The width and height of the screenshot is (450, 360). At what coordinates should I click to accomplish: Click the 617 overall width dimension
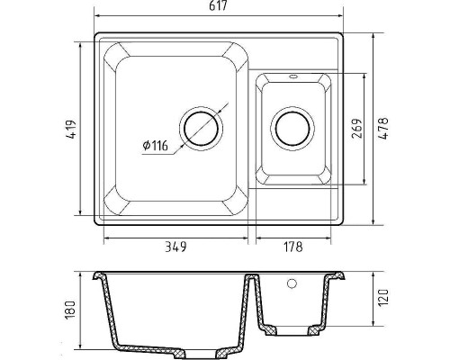(218, 6)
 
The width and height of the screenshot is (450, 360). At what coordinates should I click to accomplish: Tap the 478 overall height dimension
(383, 128)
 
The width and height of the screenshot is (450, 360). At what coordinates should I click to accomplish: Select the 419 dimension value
(72, 130)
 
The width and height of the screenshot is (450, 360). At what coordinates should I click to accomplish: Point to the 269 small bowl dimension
(356, 129)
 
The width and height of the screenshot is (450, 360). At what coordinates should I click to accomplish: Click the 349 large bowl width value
(175, 247)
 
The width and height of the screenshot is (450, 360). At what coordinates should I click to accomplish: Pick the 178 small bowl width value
(293, 247)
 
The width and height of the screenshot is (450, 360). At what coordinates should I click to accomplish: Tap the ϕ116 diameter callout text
(156, 146)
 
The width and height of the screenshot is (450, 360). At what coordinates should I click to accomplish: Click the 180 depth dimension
(70, 310)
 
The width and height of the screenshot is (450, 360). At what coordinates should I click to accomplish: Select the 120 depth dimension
(383, 298)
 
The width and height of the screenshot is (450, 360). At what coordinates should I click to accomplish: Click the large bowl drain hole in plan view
(201, 129)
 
